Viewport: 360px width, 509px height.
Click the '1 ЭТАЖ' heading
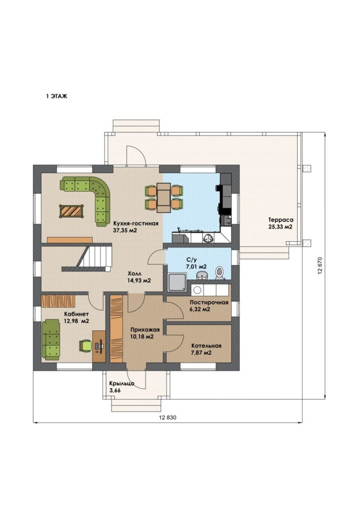pos(56,96)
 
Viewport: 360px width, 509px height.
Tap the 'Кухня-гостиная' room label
pos(135,224)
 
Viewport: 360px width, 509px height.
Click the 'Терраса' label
pos(281,220)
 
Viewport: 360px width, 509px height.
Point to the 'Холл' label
pos(135,274)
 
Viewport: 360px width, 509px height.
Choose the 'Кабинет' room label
pos(76,314)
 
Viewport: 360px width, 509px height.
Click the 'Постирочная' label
pos(209,302)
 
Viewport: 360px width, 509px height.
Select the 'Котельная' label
pos(206,345)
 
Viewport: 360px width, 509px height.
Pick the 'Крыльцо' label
pos(122,383)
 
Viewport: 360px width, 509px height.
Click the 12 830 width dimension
pos(167,418)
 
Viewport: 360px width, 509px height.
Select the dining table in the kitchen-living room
pos(164,197)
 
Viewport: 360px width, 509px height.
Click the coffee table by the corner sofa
pos(71,211)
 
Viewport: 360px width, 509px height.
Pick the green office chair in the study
pos(85,345)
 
